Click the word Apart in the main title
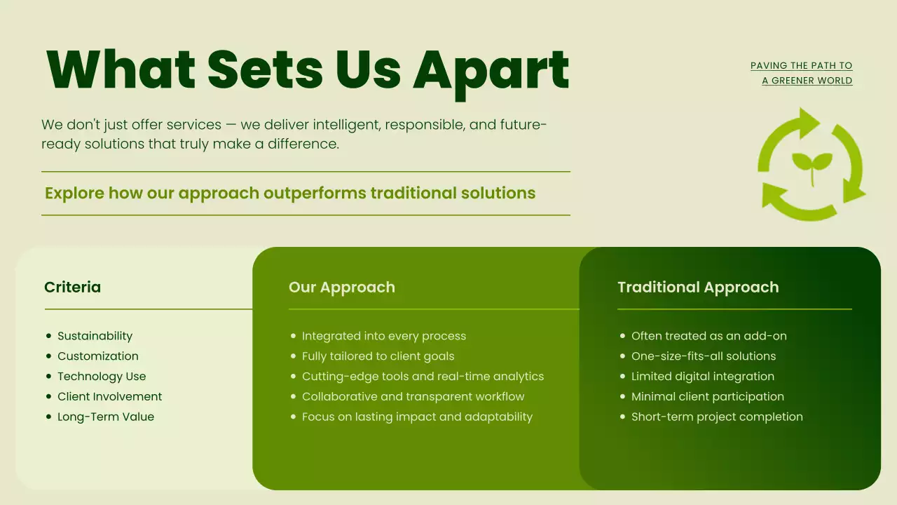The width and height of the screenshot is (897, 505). (x=491, y=71)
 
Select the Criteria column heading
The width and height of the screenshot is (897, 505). (x=72, y=288)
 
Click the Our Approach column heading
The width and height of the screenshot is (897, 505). (x=342, y=288)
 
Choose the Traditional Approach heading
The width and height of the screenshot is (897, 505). (x=698, y=288)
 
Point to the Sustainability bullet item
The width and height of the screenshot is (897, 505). (x=95, y=336)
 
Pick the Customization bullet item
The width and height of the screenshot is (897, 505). (x=98, y=356)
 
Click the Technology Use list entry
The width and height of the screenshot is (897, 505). (x=102, y=377)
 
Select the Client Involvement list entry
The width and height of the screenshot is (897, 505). (x=109, y=397)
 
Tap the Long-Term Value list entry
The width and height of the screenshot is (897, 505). (x=106, y=417)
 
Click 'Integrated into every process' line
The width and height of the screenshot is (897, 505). (x=384, y=336)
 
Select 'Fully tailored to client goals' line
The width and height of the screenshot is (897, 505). (x=378, y=356)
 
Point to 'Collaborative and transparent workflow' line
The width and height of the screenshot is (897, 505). (x=413, y=397)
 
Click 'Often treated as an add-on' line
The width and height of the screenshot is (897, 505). (x=709, y=336)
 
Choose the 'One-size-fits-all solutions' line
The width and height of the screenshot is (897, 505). (x=704, y=356)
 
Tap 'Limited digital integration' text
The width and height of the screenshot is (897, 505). (x=703, y=377)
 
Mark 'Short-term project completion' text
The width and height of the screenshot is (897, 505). (x=717, y=417)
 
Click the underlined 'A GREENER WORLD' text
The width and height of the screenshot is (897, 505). (x=807, y=81)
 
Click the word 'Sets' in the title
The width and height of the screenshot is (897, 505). (x=265, y=71)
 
